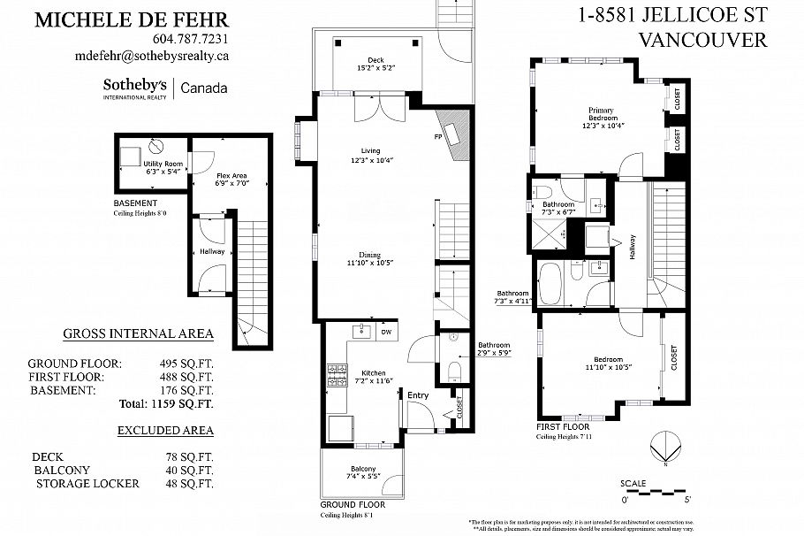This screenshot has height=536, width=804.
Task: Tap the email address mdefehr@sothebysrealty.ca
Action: [x=153, y=55]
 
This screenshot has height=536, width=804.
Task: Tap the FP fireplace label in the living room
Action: [x=437, y=138]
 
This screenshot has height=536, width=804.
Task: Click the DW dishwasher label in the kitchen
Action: [x=386, y=333]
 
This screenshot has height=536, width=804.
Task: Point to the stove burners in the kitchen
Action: [x=338, y=376]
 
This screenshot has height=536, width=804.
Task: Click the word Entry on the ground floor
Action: [x=418, y=395]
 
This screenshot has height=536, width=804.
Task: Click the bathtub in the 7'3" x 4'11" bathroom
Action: [x=550, y=281]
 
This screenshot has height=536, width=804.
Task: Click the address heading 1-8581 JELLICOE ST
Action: [x=672, y=14]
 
